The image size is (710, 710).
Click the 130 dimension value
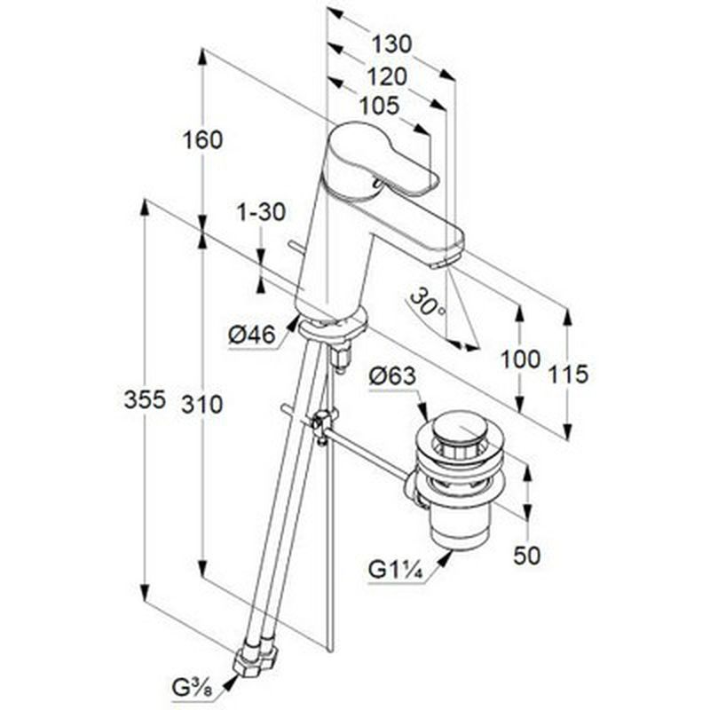click(392, 44)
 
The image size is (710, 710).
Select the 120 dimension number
click(387, 76)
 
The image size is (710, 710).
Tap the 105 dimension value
click(380, 106)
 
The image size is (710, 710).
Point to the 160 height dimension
click(202, 139)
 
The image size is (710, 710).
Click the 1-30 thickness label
click(262, 212)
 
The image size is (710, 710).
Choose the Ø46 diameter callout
click(252, 335)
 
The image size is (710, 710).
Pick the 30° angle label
click(429, 302)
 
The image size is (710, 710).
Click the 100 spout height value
click(520, 360)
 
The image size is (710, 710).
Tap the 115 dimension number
click(568, 375)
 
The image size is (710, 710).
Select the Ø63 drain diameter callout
click(392, 376)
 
